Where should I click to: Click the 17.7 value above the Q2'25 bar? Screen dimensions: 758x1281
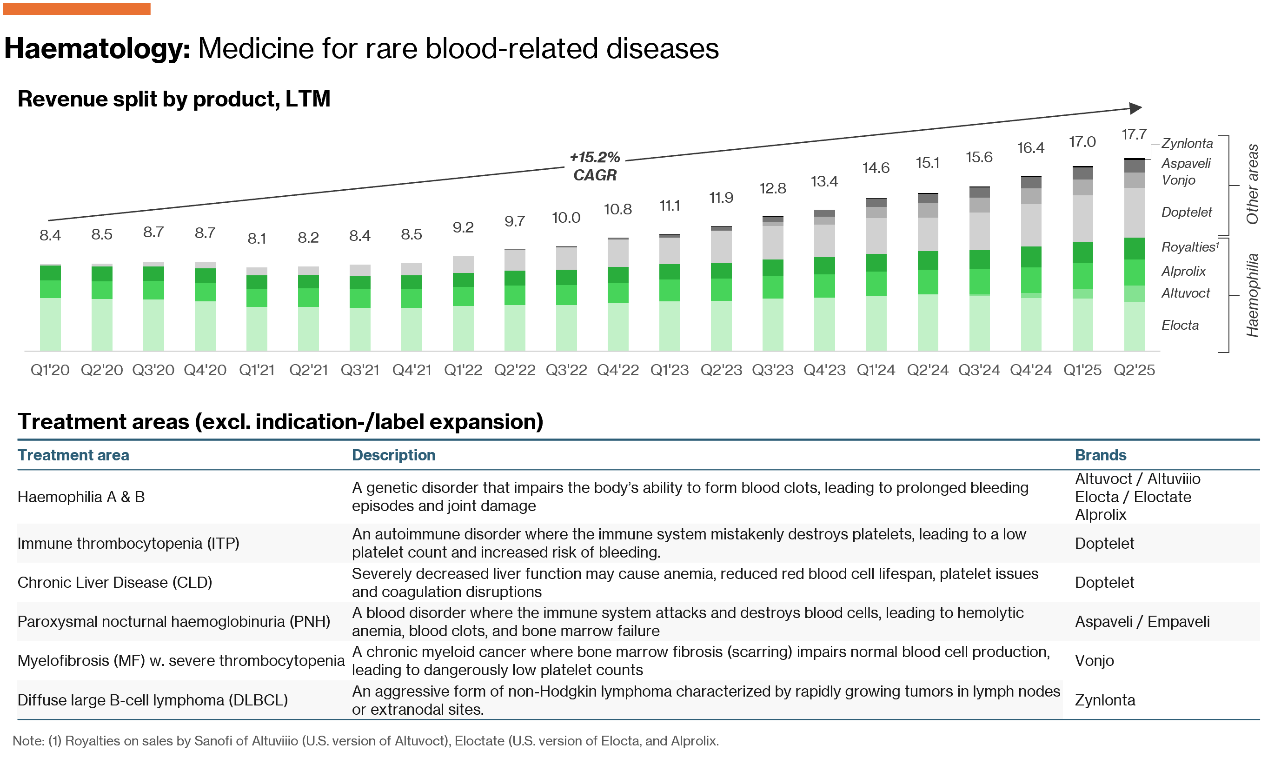click(x=1134, y=134)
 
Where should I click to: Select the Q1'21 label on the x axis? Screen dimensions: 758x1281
click(x=256, y=370)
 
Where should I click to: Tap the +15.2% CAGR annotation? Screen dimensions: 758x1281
click(x=594, y=166)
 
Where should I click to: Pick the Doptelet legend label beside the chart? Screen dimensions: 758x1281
click(x=1186, y=212)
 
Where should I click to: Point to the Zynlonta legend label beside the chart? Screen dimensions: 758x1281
click(x=1187, y=144)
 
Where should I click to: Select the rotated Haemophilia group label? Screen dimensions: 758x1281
click(x=1252, y=295)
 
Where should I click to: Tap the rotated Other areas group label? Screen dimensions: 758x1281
click(x=1252, y=184)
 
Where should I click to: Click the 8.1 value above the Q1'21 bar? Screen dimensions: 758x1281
click(x=256, y=239)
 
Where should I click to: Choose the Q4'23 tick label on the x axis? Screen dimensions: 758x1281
click(x=824, y=370)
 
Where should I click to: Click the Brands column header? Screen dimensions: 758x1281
click(x=1100, y=455)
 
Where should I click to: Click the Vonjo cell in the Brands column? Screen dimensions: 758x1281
click(x=1094, y=660)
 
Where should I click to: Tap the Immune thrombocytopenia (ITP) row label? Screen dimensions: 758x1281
click(x=128, y=543)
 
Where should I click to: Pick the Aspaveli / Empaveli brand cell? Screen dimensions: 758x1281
click(x=1142, y=622)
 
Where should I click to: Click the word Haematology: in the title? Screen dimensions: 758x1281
click(x=97, y=48)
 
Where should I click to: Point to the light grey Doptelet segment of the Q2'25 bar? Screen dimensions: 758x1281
click(x=1134, y=213)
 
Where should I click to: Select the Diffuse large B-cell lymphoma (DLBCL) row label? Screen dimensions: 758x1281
click(x=152, y=700)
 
